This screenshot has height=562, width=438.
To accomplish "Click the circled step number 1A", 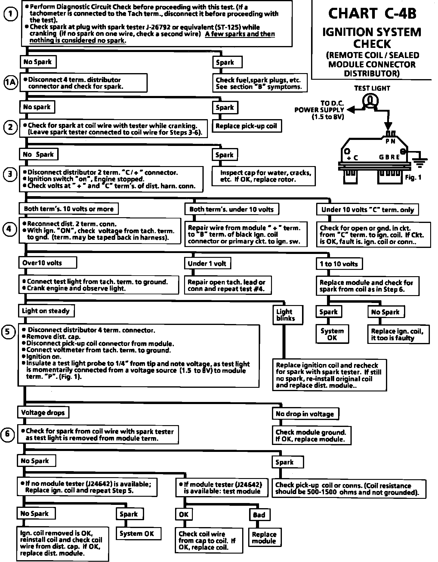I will coord(11,82).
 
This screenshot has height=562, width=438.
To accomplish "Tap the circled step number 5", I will coord(8,332).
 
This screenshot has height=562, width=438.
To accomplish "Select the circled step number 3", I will coord(10,174).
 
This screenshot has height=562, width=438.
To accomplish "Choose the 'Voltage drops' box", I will coord(43,412).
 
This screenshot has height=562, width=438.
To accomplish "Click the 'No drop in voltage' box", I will coord(305,414).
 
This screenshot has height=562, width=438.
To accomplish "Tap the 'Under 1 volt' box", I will coord(207,264).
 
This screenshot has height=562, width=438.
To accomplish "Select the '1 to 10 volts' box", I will coord(339,264).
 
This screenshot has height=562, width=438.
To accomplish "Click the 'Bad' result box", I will coord(259,515).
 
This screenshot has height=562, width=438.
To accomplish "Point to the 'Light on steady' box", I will coord(46,311).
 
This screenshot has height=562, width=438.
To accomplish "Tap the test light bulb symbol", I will coord(371,100).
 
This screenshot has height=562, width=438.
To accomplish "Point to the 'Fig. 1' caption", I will coord(413,178).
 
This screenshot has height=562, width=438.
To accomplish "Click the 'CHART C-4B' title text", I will coord(372,14).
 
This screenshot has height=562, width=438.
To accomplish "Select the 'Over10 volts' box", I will coord(48,263).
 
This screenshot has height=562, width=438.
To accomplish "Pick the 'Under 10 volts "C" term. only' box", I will coord(367,210).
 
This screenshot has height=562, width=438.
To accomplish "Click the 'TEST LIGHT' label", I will coord(372,88).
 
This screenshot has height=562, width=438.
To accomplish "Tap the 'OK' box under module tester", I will coord(184,514).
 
